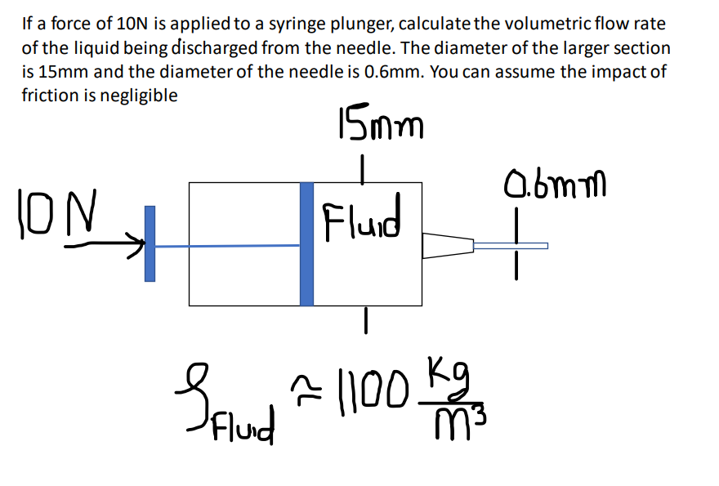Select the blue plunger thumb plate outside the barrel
coord(150,243)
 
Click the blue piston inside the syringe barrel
coord(306,243)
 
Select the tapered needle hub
coord(448,245)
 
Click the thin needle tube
coord(511,245)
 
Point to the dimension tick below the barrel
coord(368,321)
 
